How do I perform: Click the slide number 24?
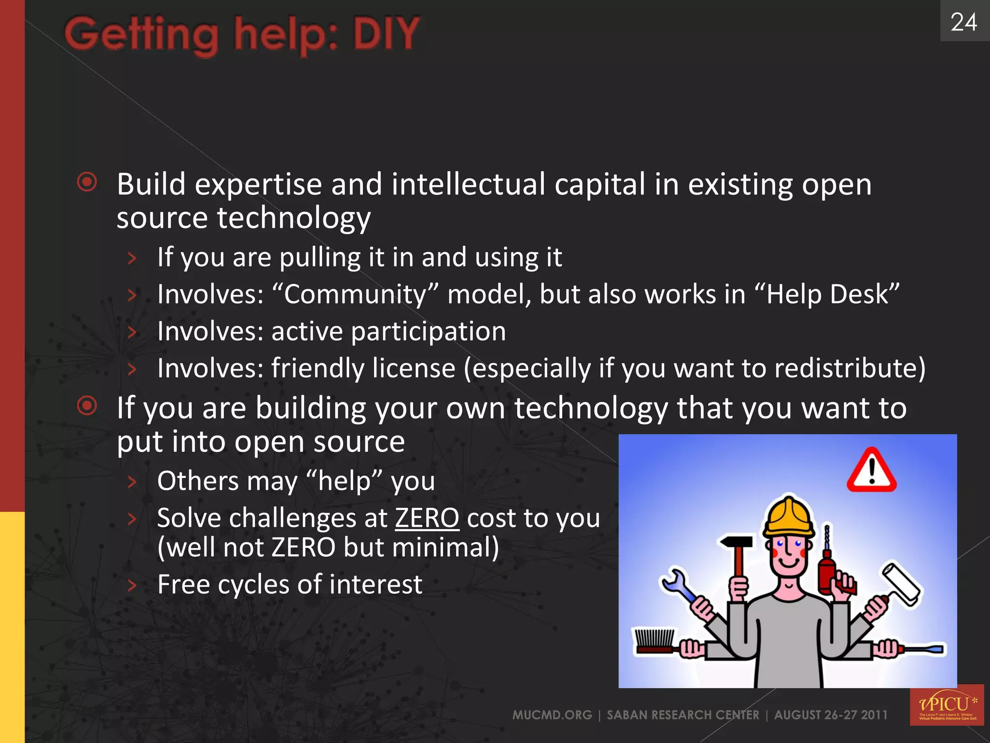964,22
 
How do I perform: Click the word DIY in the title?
386,34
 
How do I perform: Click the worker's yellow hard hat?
788,517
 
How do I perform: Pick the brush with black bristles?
655,640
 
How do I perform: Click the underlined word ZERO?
426,518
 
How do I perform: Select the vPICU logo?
946,705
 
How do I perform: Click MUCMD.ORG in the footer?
552,715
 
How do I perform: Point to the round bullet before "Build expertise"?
87,182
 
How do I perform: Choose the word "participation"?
429,331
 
